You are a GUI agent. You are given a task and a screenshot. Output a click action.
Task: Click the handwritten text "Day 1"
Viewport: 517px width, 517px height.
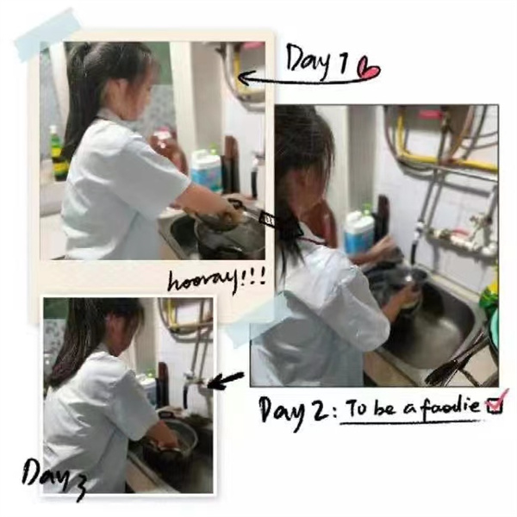coord(317,61)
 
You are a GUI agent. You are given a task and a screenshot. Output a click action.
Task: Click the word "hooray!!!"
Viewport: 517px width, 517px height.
coord(216,280)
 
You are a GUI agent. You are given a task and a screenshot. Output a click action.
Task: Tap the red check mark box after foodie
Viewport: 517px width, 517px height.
coord(496,402)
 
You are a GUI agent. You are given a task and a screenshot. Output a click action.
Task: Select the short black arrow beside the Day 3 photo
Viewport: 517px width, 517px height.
coord(226,380)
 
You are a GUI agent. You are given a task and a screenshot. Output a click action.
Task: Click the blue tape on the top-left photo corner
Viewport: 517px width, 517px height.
coord(47,35)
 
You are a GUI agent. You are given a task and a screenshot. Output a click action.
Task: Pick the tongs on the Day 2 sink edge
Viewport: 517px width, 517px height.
coord(457,363)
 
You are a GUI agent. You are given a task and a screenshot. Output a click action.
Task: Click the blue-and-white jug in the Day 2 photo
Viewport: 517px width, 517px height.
coord(358,232)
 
